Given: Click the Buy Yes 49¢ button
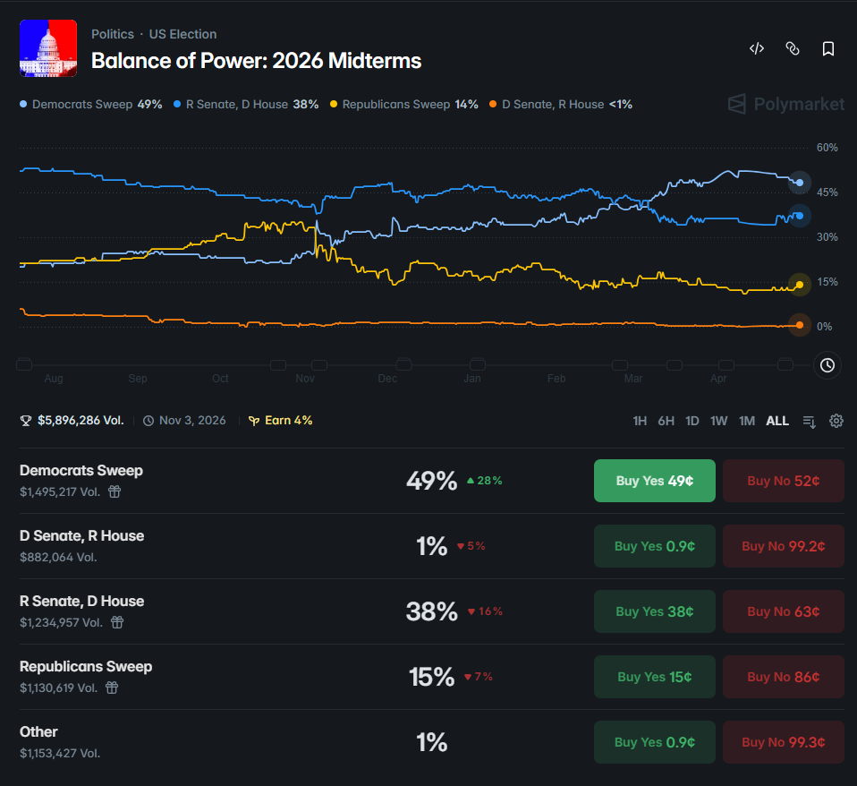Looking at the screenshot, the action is tap(654, 481).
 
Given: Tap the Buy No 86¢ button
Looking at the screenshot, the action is tap(784, 677).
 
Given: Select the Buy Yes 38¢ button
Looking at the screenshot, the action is tap(654, 611).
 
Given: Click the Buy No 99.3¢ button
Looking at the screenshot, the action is tap(784, 742).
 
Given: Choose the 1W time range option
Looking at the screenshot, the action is tap(718, 421).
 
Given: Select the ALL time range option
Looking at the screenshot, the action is tap(777, 421).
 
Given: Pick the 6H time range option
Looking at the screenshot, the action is tap(666, 421).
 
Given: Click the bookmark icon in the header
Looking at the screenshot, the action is tap(828, 48).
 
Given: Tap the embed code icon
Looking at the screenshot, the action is tap(757, 48).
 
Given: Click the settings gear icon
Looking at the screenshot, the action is tap(836, 421).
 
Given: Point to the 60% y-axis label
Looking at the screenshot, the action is tap(827, 148).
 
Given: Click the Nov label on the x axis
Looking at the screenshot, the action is tap(305, 379).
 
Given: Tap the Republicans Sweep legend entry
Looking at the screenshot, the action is tap(404, 105).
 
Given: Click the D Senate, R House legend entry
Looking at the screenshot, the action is tap(561, 105).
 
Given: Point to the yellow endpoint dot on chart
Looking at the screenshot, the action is tap(800, 285).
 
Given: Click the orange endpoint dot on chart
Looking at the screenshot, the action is tap(800, 326).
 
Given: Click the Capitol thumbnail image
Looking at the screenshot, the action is tap(48, 48).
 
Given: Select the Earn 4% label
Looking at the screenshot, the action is tap(280, 420).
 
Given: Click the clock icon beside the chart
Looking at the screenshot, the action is tap(827, 365).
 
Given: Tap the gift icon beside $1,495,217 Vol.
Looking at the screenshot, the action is tap(115, 491).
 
